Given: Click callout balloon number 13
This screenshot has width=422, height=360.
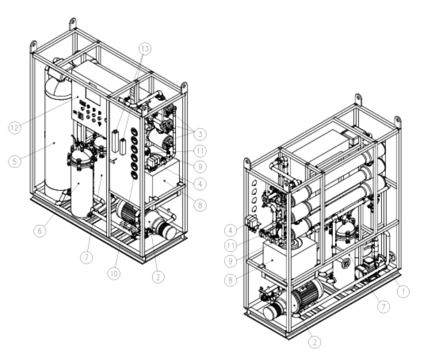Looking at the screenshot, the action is (x=145, y=49).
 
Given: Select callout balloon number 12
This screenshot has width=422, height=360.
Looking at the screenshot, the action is (x=15, y=127).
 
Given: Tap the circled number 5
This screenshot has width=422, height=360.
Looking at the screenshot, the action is (x=14, y=161).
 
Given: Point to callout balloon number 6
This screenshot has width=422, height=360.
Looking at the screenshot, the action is (x=40, y=231).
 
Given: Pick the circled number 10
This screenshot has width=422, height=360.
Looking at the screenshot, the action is (x=114, y=274).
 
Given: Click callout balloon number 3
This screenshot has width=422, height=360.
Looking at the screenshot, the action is (x=200, y=134).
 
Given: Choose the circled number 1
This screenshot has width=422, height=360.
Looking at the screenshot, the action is (x=403, y=291).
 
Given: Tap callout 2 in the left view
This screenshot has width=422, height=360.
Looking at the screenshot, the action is (x=158, y=277).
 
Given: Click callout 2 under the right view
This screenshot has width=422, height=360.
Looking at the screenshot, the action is (x=315, y=342).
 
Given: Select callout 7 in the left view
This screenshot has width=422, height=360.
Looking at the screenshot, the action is (x=86, y=258).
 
